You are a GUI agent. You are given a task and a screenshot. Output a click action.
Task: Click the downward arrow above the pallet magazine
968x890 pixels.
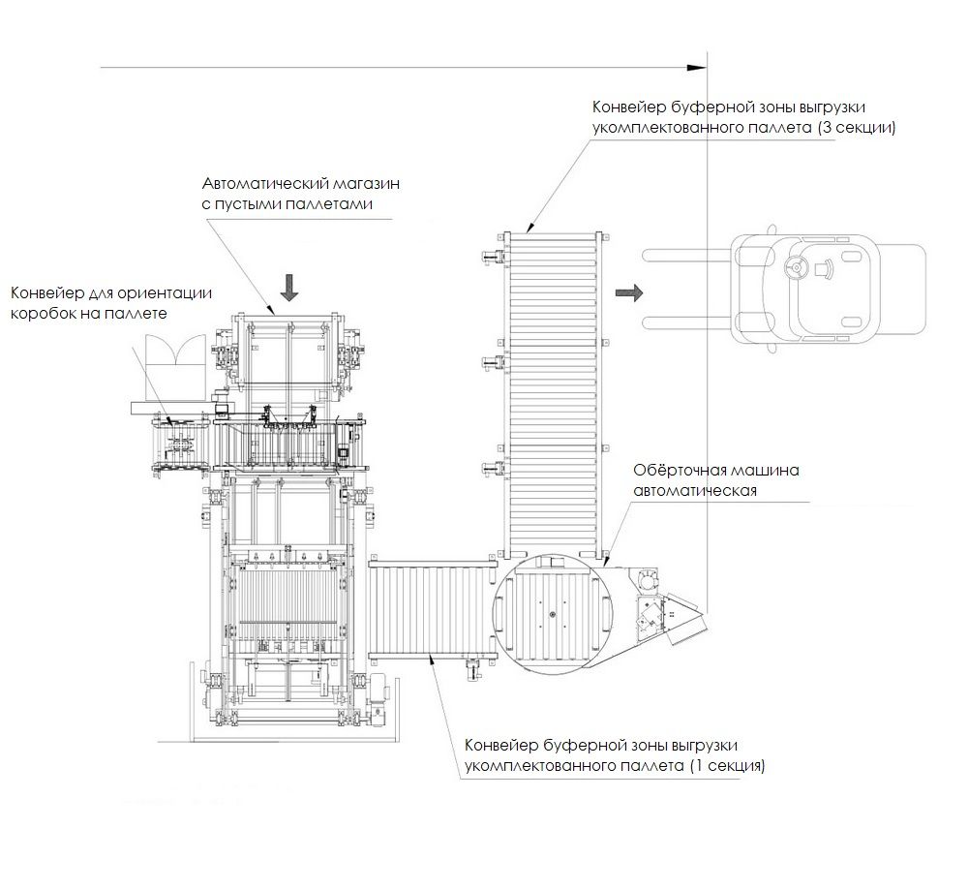[x=288, y=289]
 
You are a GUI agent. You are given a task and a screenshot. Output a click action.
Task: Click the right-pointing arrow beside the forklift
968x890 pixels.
[x=629, y=292]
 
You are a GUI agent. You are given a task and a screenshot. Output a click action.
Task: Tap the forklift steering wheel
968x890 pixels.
[x=796, y=268]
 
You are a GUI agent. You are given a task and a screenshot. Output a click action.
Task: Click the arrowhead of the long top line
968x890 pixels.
[x=698, y=67]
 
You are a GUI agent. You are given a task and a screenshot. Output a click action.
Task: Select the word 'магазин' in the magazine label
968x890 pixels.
[x=367, y=183]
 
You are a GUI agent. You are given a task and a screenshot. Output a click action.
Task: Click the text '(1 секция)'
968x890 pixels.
[x=727, y=766]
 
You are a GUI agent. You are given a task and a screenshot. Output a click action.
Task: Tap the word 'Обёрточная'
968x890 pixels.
[x=679, y=470]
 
